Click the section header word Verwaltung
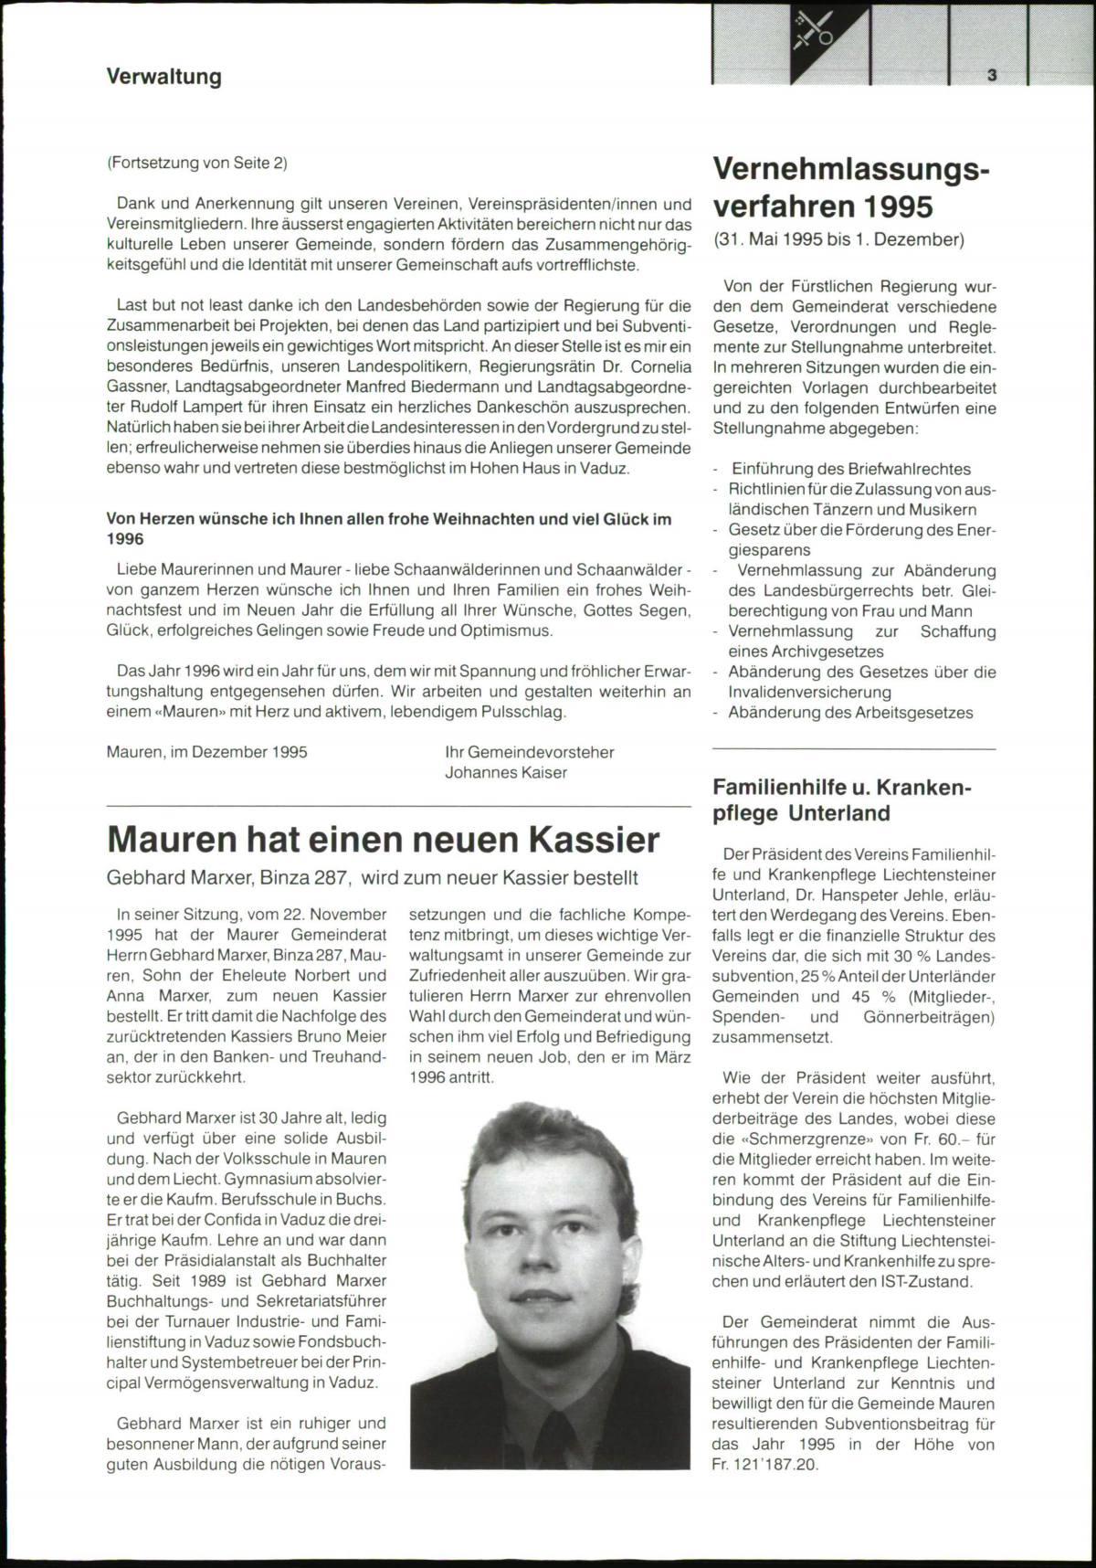[x=164, y=77]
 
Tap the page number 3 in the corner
[x=991, y=77]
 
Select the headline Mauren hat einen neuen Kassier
[x=384, y=839]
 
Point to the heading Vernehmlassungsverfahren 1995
[x=850, y=187]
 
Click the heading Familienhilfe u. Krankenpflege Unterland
[x=841, y=800]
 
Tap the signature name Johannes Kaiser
[x=506, y=773]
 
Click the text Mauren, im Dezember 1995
[x=207, y=753]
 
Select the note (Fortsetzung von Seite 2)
[x=197, y=164]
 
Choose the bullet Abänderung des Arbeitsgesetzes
[x=850, y=713]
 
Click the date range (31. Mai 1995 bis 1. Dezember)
[x=838, y=240]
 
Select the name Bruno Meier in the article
[x=343, y=1036]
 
